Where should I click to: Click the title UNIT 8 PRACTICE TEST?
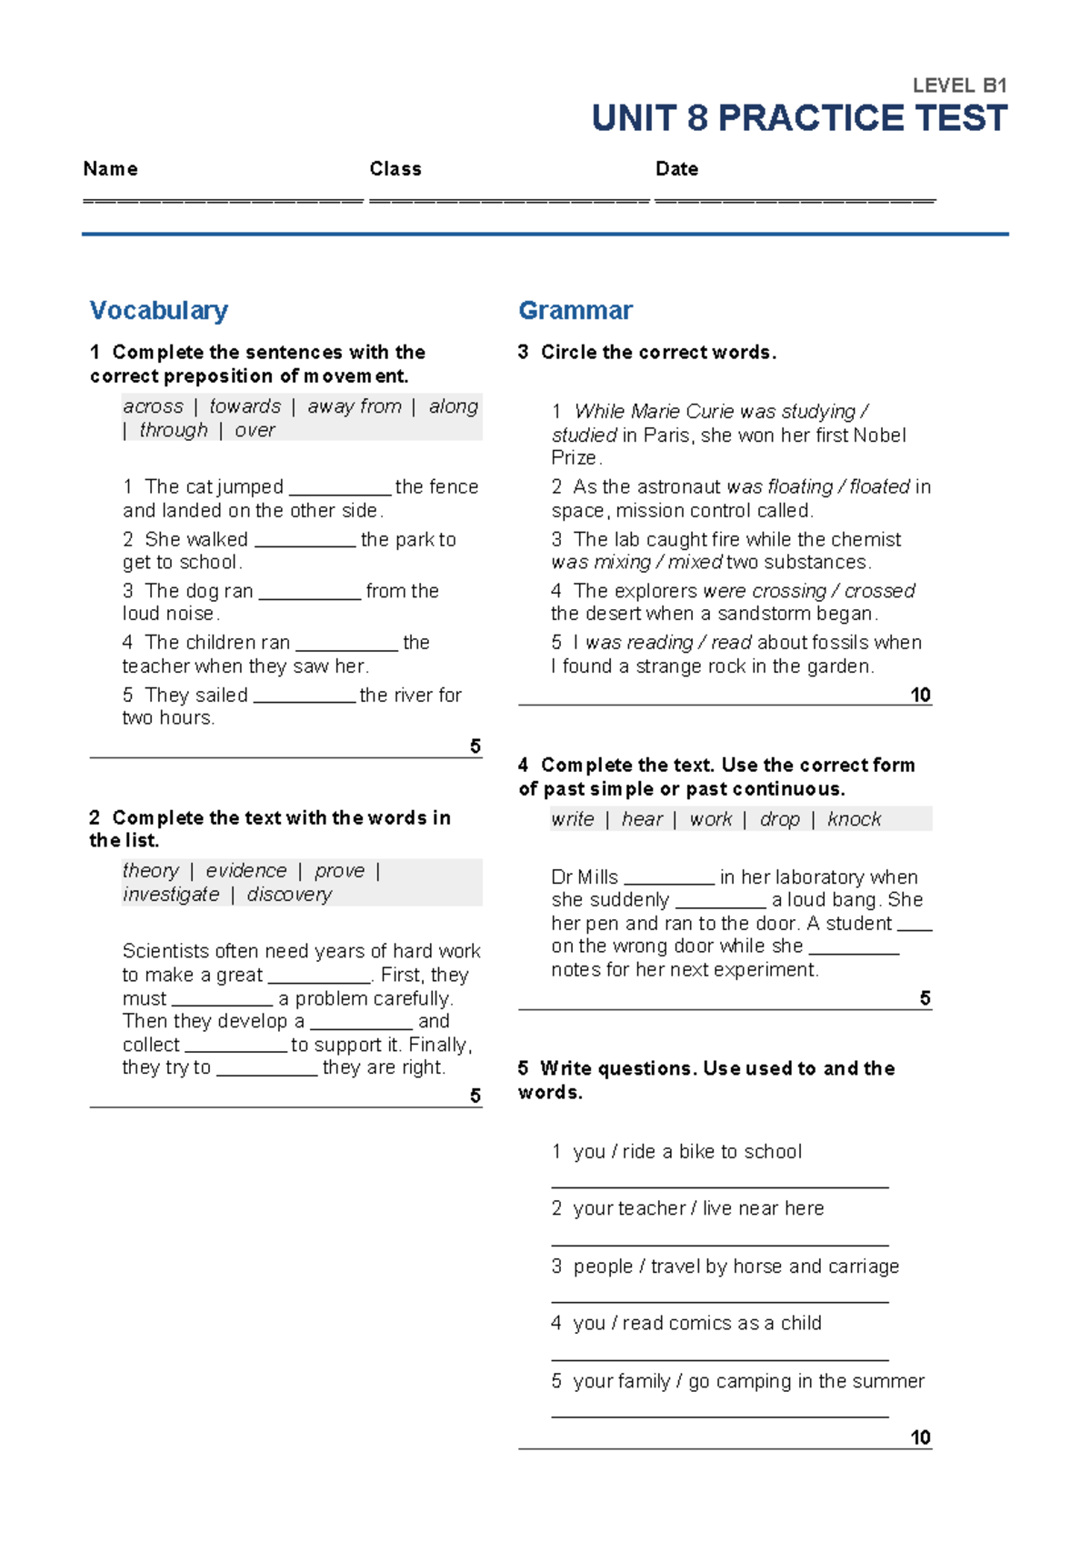pyautogui.click(x=798, y=118)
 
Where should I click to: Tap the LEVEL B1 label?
pyautogui.click(x=959, y=85)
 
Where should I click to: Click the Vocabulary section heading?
pyautogui.click(x=158, y=310)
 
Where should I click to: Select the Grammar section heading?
pyautogui.click(x=575, y=310)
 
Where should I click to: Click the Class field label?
pyautogui.click(x=395, y=169)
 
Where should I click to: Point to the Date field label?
pyautogui.click(x=676, y=169)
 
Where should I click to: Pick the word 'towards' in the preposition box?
pyautogui.click(x=245, y=406)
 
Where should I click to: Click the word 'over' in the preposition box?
pyautogui.click(x=255, y=430)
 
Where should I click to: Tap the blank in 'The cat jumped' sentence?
pyautogui.click(x=339, y=489)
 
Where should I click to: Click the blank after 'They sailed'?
pyautogui.click(x=304, y=697)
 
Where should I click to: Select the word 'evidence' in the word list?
pyautogui.click(x=245, y=871)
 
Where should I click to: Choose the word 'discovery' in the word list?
pyautogui.click(x=289, y=895)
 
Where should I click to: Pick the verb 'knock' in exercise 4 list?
pyautogui.click(x=854, y=819)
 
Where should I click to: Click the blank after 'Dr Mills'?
pyautogui.click(x=669, y=879)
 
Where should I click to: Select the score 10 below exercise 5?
pyautogui.click(x=920, y=1437)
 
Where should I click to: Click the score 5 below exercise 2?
pyautogui.click(x=475, y=1096)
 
